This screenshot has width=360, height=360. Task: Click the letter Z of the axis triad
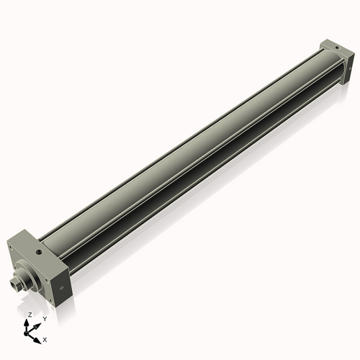[30, 315]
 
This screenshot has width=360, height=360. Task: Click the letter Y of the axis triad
[45, 318]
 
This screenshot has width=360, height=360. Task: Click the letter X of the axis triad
[45, 338]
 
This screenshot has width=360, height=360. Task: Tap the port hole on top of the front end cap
[37, 253]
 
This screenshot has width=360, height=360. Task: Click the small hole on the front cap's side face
[61, 287]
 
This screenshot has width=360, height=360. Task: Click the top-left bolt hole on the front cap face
[9, 247]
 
